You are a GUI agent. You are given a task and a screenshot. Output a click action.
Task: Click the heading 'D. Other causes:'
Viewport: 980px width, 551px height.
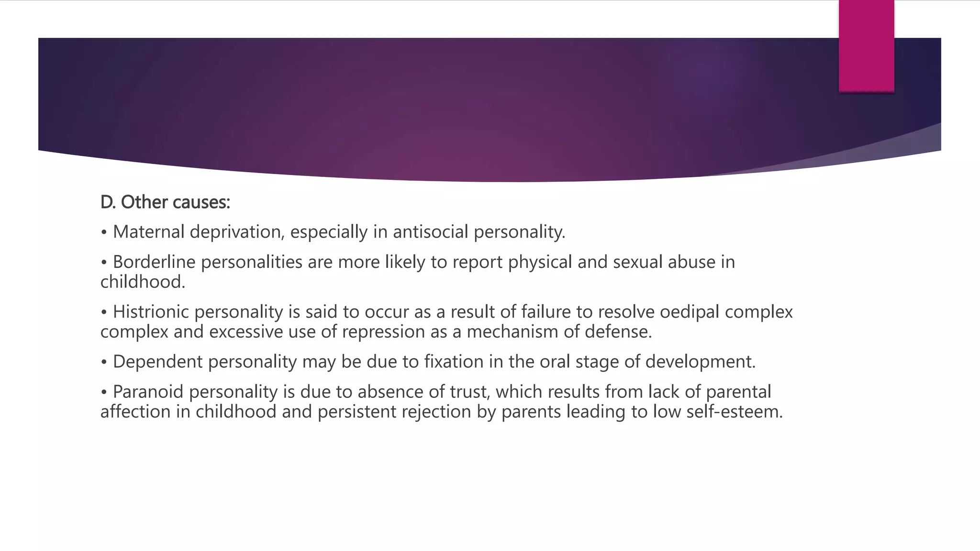click(x=165, y=202)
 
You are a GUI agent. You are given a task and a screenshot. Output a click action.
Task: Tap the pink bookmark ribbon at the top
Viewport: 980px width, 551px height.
click(x=866, y=45)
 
